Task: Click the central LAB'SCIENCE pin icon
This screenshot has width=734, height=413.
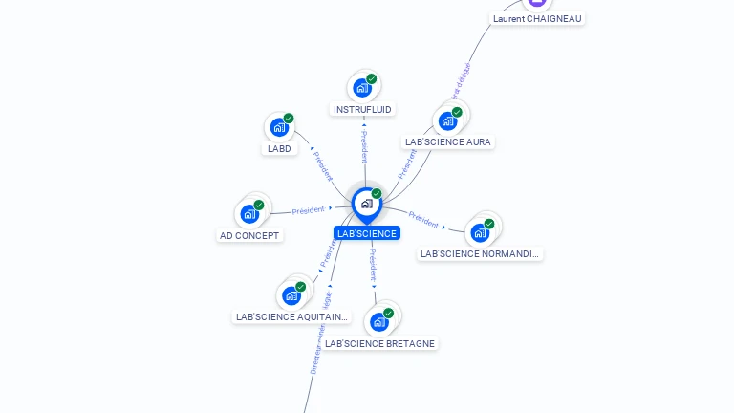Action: (x=366, y=204)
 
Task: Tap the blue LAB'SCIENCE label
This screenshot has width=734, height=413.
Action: (x=367, y=233)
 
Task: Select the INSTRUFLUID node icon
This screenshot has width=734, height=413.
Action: (x=362, y=88)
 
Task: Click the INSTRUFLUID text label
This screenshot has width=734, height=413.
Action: (x=362, y=109)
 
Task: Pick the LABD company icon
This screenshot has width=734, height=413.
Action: (x=279, y=127)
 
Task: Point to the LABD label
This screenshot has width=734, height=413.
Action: (x=279, y=148)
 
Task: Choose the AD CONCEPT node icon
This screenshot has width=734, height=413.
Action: (x=250, y=213)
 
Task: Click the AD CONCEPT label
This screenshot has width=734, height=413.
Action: (x=249, y=235)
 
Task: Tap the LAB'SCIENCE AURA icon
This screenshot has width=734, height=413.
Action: (x=447, y=121)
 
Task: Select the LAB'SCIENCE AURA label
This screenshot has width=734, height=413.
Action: (x=448, y=141)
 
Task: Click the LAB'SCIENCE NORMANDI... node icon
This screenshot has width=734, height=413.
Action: (x=480, y=232)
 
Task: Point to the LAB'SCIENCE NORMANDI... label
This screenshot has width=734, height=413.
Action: (x=480, y=253)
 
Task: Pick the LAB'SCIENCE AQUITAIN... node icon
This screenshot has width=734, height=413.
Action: (x=291, y=295)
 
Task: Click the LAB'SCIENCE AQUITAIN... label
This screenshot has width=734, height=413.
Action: (x=292, y=316)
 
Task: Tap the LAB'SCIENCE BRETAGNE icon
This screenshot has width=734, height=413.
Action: (x=379, y=321)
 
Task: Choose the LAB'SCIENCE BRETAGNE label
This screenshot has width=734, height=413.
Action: (x=379, y=343)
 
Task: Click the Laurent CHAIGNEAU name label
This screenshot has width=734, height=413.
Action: (x=537, y=18)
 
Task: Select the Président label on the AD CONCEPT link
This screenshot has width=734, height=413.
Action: (x=309, y=210)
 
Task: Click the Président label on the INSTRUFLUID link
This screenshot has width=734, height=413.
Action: (x=363, y=146)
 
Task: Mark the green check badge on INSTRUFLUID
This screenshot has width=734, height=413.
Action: (x=372, y=79)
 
